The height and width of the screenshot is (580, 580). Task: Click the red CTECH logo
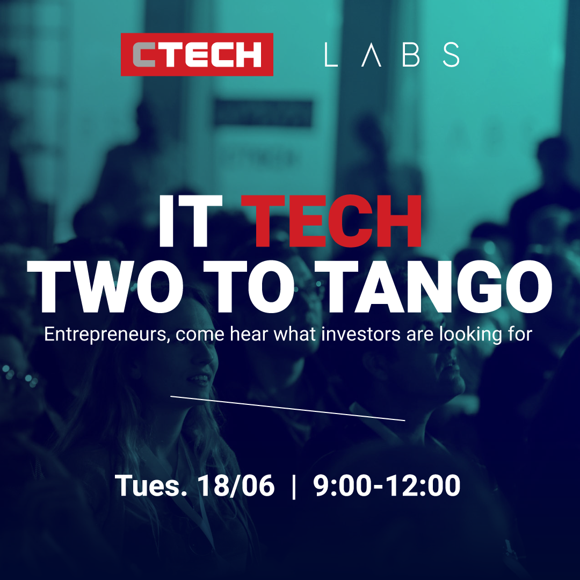(197, 54)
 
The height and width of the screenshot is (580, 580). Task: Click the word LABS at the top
(392, 55)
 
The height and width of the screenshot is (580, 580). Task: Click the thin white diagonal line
(288, 409)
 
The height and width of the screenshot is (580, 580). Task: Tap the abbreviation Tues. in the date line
(151, 486)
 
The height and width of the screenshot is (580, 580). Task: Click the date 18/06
(236, 486)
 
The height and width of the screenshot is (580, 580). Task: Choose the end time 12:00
(421, 486)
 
